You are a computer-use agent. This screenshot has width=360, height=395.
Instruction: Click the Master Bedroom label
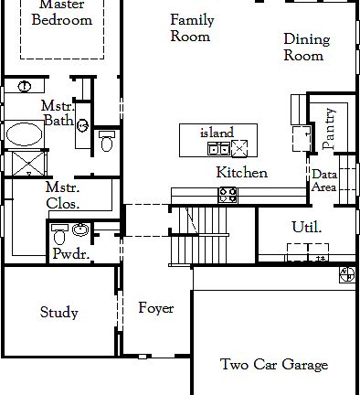62,13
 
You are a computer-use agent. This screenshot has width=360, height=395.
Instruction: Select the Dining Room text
303,48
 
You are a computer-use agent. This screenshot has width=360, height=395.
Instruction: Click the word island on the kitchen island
217,133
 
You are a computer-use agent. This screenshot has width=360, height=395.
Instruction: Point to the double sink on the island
219,148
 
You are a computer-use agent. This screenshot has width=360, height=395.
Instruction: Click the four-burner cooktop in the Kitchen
228,194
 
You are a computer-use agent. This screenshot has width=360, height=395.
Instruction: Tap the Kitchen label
241,173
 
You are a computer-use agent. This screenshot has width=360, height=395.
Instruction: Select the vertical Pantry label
329,128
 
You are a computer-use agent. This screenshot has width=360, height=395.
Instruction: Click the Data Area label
324,180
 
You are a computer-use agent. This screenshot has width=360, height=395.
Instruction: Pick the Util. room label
305,227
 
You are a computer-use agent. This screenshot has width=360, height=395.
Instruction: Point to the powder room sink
80,229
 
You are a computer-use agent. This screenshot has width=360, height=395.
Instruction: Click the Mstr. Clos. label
62,196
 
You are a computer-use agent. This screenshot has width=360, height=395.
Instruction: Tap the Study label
58,313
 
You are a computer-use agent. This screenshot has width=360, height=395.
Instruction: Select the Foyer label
155,308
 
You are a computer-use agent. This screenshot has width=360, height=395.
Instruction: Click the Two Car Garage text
273,365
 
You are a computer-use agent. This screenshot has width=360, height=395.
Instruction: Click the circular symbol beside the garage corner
347,273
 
